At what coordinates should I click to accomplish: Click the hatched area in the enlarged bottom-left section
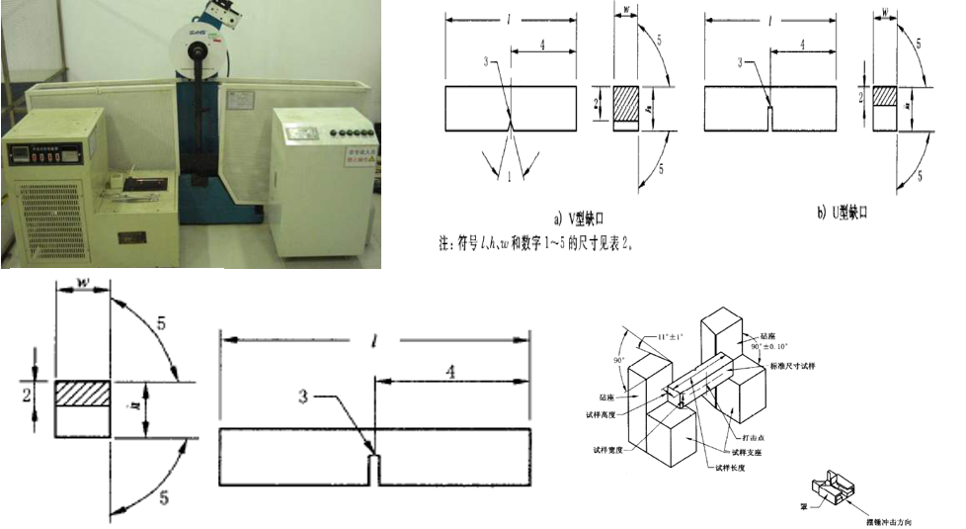point(83,392)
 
